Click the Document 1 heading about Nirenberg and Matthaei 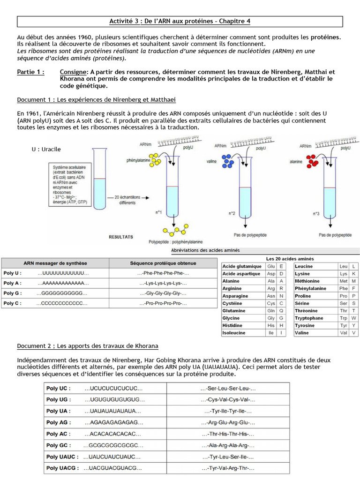click(x=97, y=100)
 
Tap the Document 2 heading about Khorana click(x=88, y=346)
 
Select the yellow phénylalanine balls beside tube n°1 click(x=155, y=160)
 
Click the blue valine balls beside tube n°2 click(x=227, y=161)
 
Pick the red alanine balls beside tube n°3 click(x=312, y=161)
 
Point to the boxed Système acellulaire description click(x=70, y=185)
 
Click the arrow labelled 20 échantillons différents click(x=128, y=198)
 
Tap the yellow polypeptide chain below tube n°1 click(x=176, y=230)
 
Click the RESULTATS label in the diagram click(x=121, y=237)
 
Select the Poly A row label click(x=13, y=283)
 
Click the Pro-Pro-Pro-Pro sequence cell click(x=163, y=303)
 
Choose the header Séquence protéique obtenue click(x=163, y=263)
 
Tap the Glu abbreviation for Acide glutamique click(x=271, y=266)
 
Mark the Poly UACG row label click(x=62, y=468)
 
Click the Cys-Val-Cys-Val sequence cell click(x=228, y=400)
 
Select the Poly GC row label click(x=59, y=445)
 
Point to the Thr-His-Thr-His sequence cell click(x=228, y=434)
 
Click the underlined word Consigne click(x=73, y=72)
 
